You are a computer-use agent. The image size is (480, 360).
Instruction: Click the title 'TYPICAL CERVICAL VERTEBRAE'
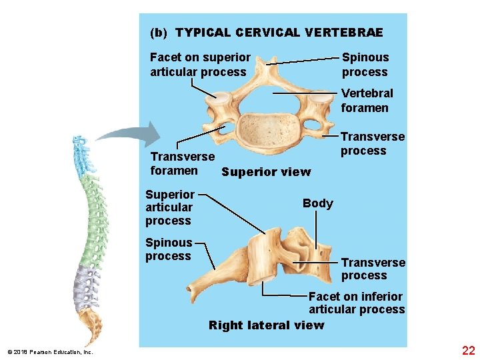click(279, 33)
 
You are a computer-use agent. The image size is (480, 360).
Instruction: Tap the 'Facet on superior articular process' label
click(200, 65)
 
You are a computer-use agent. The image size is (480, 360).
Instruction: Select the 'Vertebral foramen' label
click(367, 101)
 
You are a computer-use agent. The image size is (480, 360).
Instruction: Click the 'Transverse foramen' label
click(182, 164)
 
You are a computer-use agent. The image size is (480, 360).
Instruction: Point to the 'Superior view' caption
click(266, 172)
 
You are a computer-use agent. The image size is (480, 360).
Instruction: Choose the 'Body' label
click(317, 203)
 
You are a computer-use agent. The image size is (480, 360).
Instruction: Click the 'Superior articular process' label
click(169, 207)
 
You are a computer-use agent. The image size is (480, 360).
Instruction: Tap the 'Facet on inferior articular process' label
click(356, 303)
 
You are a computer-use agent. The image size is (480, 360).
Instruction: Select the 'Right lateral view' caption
click(266, 325)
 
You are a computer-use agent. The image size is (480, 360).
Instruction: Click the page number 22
click(468, 350)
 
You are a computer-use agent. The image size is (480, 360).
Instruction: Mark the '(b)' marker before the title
click(159, 33)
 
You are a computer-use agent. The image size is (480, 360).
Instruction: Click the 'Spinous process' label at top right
click(365, 65)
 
